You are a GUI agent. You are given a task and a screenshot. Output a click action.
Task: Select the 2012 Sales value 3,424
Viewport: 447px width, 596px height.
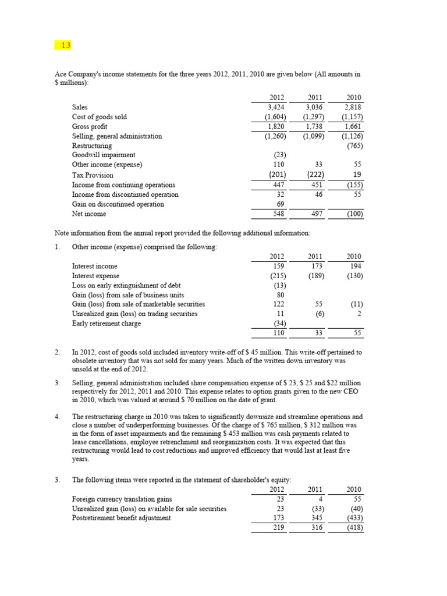click(x=277, y=107)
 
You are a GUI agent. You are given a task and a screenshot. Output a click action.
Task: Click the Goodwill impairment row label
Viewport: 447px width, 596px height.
click(x=104, y=155)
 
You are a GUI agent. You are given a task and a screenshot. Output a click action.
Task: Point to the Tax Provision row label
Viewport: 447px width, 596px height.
click(x=93, y=175)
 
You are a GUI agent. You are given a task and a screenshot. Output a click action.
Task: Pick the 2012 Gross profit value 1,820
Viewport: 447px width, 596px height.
click(x=277, y=126)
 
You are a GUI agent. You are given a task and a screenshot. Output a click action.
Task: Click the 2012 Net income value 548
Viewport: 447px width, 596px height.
click(x=279, y=214)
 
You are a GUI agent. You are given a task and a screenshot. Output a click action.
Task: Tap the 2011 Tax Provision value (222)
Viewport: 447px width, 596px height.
click(x=314, y=175)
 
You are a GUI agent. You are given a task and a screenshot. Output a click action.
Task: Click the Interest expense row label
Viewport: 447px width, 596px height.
click(x=95, y=275)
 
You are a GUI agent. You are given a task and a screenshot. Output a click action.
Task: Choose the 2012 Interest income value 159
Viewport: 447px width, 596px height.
click(x=279, y=266)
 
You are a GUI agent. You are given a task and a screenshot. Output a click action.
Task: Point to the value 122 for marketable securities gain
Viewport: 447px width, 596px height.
click(x=279, y=304)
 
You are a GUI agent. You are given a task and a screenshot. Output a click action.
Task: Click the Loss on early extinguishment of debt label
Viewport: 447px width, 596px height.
click(x=126, y=285)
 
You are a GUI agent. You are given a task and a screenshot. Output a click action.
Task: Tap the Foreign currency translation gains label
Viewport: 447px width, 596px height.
click(x=122, y=499)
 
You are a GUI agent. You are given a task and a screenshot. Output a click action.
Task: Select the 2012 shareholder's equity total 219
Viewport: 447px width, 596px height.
click(x=279, y=528)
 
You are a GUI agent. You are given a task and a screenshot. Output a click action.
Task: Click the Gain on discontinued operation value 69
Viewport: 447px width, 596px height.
click(x=281, y=204)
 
